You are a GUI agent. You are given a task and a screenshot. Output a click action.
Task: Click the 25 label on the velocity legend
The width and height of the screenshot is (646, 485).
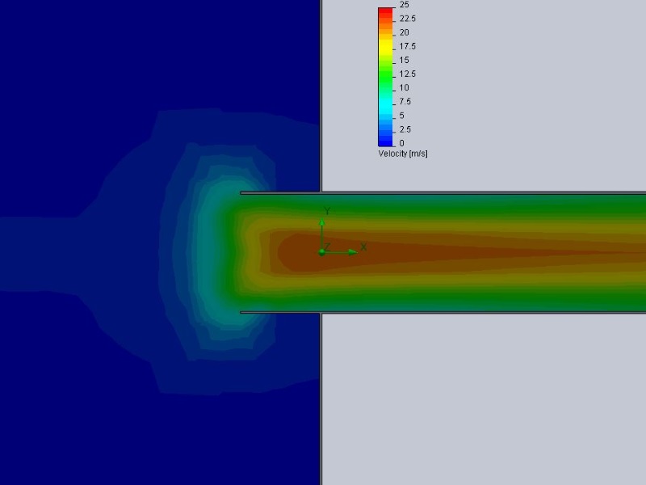click(x=404, y=5)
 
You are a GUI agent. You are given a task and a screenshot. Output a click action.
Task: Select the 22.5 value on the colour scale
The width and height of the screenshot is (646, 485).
click(x=407, y=19)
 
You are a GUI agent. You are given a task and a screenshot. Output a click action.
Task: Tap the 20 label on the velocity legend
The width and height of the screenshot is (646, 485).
click(x=404, y=32)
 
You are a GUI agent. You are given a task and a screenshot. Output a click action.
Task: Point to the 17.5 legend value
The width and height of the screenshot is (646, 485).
click(x=407, y=46)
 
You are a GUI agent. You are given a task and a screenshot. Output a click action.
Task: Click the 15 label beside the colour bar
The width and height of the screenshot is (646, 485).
click(x=404, y=60)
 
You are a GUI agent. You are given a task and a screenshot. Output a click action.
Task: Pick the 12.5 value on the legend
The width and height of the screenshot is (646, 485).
click(x=407, y=74)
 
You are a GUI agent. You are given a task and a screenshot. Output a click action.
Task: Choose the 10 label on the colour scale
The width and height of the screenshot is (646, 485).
click(x=404, y=87)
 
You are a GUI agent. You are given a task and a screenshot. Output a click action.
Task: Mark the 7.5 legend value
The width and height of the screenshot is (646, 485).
click(x=405, y=102)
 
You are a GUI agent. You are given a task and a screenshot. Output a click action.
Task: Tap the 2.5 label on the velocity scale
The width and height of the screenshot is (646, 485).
click(x=405, y=129)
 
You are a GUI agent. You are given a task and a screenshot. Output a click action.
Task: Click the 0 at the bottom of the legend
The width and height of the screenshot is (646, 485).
click(x=401, y=143)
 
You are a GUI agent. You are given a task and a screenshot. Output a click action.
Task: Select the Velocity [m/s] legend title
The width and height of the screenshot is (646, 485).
click(x=403, y=154)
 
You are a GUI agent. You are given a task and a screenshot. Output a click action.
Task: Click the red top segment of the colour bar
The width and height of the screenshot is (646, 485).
click(x=386, y=12)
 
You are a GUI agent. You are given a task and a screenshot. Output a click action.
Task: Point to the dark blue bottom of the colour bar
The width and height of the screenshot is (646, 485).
click(x=386, y=141)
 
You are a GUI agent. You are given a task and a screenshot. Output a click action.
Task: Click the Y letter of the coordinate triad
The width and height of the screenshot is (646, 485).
click(x=326, y=211)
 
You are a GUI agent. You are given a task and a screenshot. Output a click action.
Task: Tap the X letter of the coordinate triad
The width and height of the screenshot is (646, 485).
click(x=363, y=247)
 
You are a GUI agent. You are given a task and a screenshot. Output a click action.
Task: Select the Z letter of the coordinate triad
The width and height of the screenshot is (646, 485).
click(x=327, y=246)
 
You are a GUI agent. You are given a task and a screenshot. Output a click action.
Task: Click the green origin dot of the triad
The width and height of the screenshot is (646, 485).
click(x=321, y=252)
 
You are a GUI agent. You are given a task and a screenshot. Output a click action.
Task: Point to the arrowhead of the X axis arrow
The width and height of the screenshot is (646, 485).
click(x=353, y=252)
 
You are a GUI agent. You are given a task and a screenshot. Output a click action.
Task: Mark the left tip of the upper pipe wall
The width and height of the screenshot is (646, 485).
click(x=241, y=193)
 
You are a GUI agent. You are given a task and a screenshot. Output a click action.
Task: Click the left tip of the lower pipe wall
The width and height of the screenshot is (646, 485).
click(x=241, y=312)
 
